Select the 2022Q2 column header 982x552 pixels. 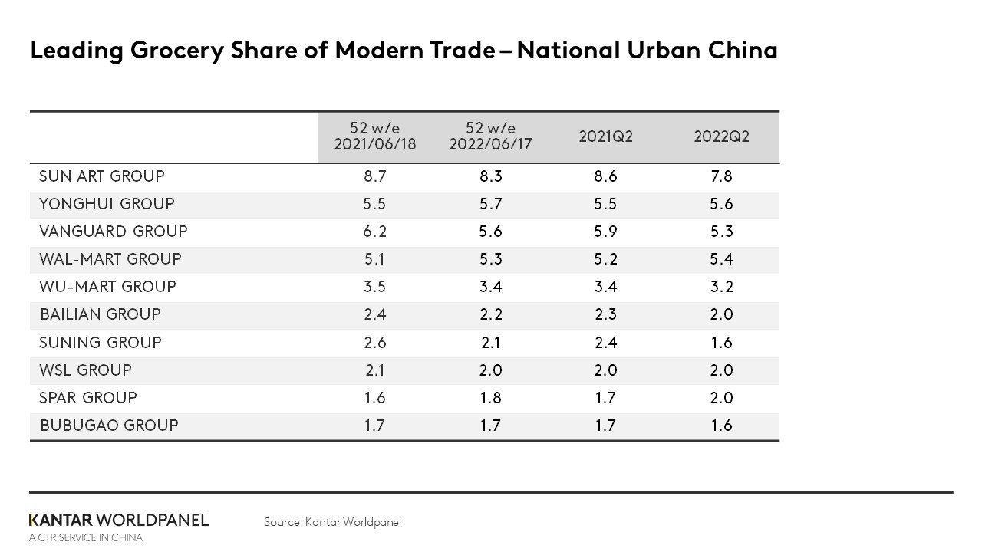click(721, 136)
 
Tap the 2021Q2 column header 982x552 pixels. click(605, 136)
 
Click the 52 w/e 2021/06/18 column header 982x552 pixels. click(374, 136)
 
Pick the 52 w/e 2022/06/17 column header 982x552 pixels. click(490, 136)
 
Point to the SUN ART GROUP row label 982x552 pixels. click(102, 176)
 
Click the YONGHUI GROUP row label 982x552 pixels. click(107, 204)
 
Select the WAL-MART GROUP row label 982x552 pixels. click(110, 259)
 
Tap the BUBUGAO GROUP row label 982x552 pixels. click(109, 426)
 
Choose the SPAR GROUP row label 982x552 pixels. click(88, 398)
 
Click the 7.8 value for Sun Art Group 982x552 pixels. click(721, 176)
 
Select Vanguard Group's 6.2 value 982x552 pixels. click(374, 232)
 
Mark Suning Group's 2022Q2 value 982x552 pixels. click(721, 343)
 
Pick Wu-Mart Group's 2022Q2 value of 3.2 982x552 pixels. click(721, 287)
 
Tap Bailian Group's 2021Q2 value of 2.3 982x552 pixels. click(605, 314)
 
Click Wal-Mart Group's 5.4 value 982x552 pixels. click(721, 259)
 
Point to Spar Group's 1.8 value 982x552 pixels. click(490, 398)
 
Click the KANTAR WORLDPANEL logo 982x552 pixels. click(119, 520)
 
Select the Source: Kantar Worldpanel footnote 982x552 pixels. click(332, 522)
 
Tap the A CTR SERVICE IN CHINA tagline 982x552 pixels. click(86, 537)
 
